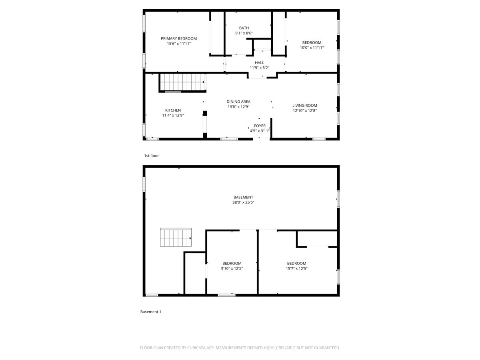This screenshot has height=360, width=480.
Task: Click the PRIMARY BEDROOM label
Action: (x=179, y=38)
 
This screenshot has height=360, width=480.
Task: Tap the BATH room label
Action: (x=244, y=28)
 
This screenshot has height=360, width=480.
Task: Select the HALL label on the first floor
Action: (x=260, y=62)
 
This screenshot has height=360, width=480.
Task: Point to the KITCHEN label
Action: (x=173, y=110)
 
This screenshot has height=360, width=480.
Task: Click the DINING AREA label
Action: (x=238, y=102)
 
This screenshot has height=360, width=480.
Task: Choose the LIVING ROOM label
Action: (x=304, y=106)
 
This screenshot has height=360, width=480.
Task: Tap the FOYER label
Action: (x=260, y=126)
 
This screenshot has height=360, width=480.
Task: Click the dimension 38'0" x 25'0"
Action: (x=244, y=202)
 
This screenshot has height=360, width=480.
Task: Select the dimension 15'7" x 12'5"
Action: (x=297, y=268)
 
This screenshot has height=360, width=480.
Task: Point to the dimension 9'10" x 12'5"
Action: (x=232, y=268)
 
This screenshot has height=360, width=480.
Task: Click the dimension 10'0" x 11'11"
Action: (x=312, y=48)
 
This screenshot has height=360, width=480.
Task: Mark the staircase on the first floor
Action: (x=182, y=82)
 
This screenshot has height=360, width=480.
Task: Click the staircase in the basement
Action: (x=176, y=238)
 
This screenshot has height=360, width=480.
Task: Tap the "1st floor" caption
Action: (x=152, y=156)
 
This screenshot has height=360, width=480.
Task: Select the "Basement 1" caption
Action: (x=151, y=312)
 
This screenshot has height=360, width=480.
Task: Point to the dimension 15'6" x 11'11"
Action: (x=179, y=44)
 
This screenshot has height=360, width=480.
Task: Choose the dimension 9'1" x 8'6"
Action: (x=244, y=33)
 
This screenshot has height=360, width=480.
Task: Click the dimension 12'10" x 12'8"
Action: (x=304, y=111)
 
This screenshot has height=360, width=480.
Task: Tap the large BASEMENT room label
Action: (x=243, y=197)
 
